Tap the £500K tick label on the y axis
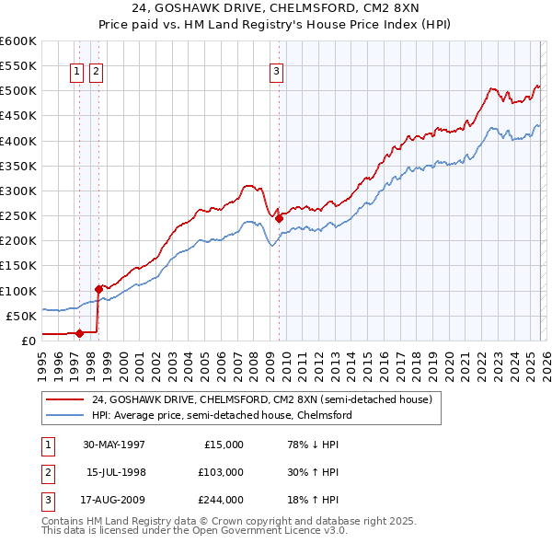(18, 91)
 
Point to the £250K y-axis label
(18, 216)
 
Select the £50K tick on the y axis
(22, 316)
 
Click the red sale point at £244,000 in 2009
(279, 218)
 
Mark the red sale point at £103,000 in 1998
(98, 289)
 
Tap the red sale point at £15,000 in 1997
(80, 333)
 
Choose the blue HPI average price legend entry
(221, 415)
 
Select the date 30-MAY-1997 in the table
(114, 444)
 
